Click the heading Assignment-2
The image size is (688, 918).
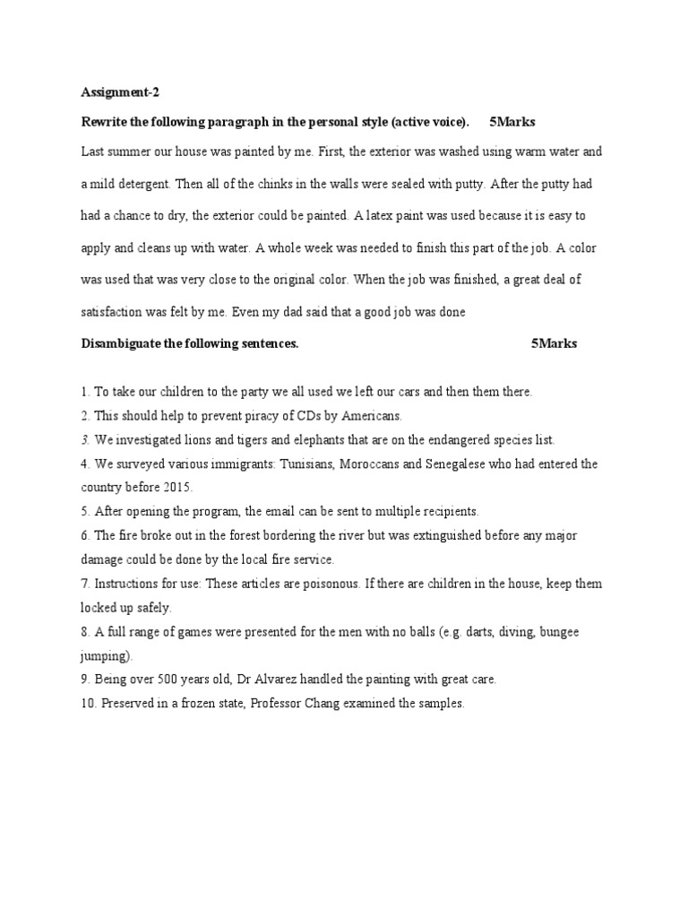coord(119,91)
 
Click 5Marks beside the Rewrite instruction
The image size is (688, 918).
coord(512,121)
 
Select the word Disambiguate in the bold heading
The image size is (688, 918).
coord(124,343)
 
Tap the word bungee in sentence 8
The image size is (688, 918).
coord(559,632)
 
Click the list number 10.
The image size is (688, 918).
coord(87,704)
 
